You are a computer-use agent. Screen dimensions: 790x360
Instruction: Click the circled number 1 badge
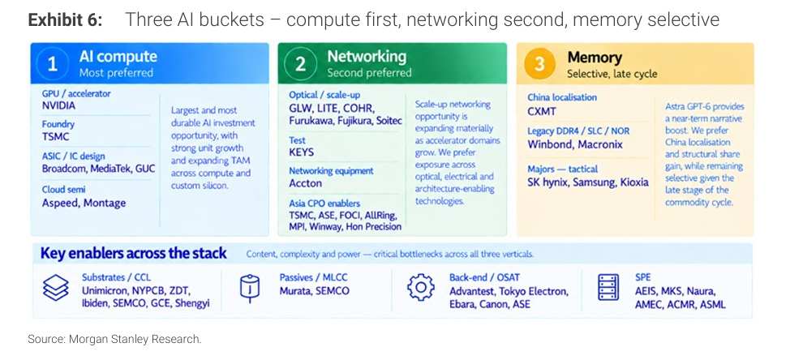53,64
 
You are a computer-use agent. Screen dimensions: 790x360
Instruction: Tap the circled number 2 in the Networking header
300,64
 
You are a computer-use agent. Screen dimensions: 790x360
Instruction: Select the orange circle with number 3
539,64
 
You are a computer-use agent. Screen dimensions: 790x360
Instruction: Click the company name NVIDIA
58,105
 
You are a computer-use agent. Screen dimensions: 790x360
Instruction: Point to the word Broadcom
64,169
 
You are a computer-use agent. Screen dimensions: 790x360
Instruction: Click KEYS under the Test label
301,152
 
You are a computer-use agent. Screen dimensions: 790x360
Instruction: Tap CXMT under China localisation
542,111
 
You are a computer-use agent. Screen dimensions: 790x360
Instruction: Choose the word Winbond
550,144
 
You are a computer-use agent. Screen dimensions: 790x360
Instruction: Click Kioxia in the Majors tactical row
633,182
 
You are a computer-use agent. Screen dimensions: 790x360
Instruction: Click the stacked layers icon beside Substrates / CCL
55,288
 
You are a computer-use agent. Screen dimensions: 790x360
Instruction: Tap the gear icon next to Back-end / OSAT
420,288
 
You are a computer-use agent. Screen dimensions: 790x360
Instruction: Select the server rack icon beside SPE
608,288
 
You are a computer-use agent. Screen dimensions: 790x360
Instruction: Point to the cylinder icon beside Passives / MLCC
250,289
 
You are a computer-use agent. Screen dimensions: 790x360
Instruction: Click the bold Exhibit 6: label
66,19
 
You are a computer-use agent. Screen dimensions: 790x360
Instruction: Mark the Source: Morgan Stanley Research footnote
114,339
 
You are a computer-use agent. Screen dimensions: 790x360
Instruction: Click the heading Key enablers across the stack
134,253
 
